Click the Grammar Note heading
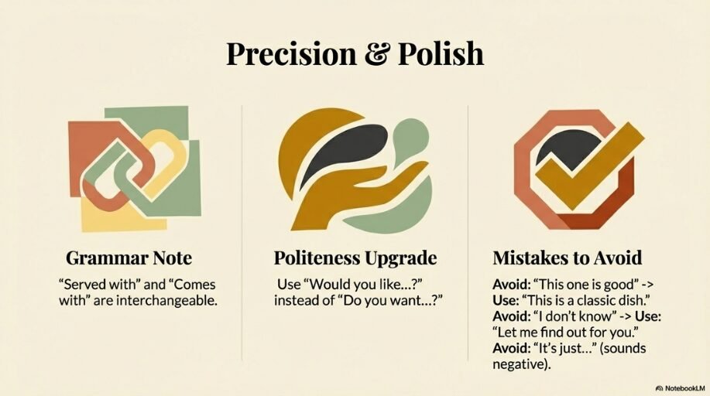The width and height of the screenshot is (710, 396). click(129, 258)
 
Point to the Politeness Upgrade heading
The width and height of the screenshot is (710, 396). click(355, 258)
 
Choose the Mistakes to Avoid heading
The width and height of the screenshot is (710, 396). click(568, 258)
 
